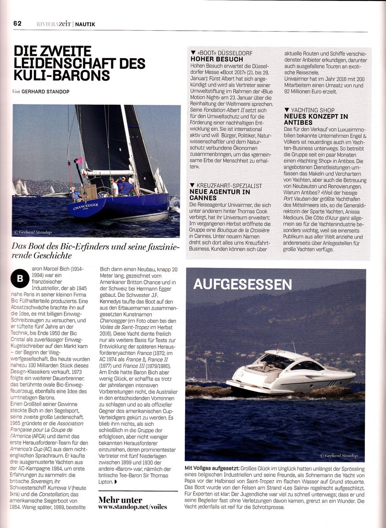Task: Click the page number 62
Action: coord(17,23)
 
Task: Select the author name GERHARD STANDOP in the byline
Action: coord(45,92)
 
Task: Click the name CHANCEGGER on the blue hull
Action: coord(86,206)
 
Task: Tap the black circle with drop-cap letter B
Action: coord(20,278)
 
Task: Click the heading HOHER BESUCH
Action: coord(217,60)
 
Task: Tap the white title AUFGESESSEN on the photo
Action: coord(243,284)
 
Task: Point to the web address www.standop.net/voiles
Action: coord(132,507)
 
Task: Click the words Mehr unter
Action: coord(120,499)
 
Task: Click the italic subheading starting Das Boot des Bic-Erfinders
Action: coord(95,250)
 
